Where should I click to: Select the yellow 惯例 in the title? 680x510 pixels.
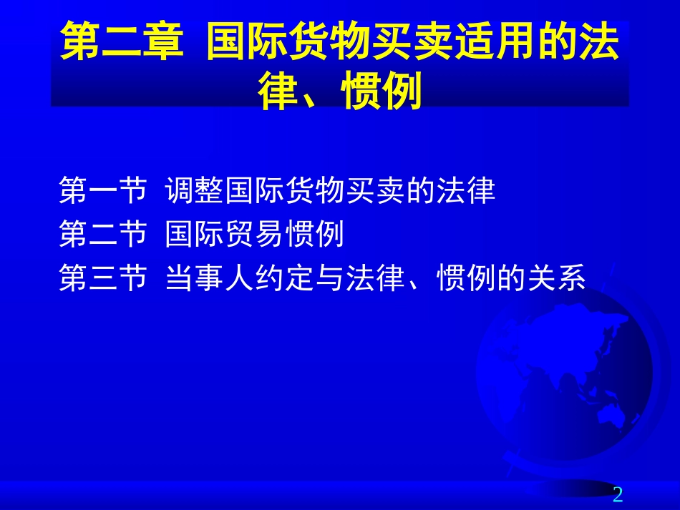point(382,92)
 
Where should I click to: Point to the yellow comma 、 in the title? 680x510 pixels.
point(314,97)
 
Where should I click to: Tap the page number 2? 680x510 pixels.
point(618,494)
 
